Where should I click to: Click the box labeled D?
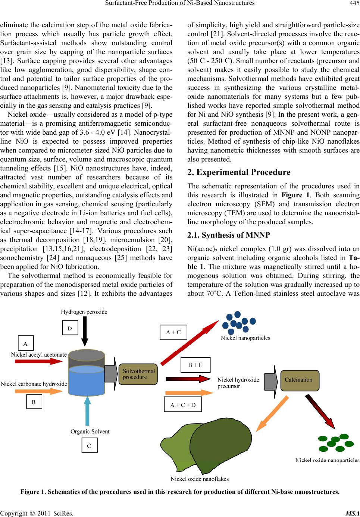(x=70, y=328)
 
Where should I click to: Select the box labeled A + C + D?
(x=183, y=405)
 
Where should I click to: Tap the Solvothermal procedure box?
(x=138, y=374)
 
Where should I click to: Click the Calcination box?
(x=300, y=380)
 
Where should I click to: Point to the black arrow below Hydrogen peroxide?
(x=85, y=331)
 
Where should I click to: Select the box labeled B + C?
(x=195, y=365)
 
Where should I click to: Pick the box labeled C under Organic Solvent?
(x=90, y=445)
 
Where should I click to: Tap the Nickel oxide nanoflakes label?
(x=200, y=479)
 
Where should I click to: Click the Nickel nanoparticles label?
(x=245, y=338)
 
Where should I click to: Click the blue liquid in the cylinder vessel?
(x=87, y=381)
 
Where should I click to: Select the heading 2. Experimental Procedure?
(x=239, y=172)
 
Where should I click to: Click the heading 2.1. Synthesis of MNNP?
(x=229, y=235)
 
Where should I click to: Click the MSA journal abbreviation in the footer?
(x=353, y=513)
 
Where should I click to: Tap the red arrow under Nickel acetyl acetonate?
(x=39, y=361)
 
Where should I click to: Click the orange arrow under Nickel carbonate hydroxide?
(x=39, y=391)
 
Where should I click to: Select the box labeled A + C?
(x=173, y=332)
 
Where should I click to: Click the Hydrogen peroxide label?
(x=84, y=312)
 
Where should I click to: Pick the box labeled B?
(x=34, y=402)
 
